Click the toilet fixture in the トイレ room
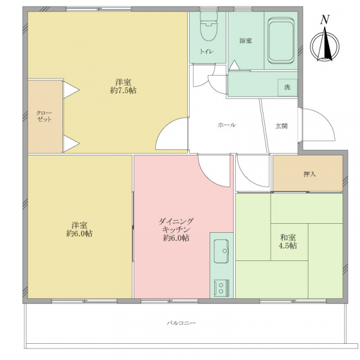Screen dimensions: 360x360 click(209, 26)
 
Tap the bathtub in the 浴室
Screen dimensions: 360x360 click(281, 41)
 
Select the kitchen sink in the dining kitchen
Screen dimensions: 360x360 click(221, 251)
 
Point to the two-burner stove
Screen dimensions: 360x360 click(221, 288)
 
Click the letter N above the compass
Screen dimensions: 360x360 click(325, 20)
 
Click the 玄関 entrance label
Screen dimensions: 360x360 click(281, 126)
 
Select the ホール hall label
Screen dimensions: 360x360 click(227, 125)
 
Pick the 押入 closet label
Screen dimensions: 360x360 click(310, 174)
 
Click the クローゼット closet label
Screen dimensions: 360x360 click(44, 116)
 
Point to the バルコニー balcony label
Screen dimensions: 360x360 click(181, 323)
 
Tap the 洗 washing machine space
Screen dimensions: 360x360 click(287, 87)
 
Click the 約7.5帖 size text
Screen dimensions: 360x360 click(123, 91)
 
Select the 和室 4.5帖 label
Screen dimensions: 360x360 click(288, 241)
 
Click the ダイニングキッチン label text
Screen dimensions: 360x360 click(176, 226)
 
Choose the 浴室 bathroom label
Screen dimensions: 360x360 click(245, 41)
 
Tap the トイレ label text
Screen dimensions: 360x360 click(206, 51)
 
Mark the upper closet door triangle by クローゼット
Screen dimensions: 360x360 click(71, 90)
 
